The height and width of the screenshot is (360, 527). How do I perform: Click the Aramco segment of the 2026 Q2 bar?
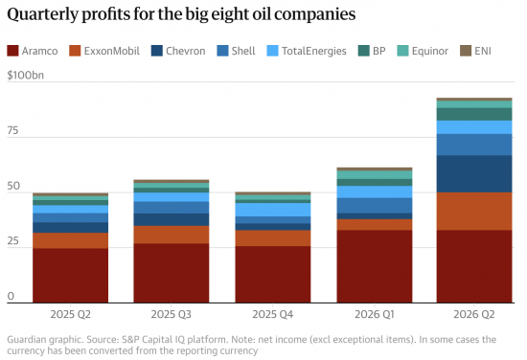474,266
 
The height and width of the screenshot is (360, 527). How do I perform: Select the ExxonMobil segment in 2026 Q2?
474,212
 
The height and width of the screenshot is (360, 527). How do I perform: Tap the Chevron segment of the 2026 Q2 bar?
474,174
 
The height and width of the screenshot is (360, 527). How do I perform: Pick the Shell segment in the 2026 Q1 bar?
375,206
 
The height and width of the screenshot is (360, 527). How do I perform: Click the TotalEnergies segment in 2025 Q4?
273,210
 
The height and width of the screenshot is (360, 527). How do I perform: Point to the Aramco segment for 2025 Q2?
71,276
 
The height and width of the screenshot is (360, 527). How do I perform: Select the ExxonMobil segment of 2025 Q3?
172,235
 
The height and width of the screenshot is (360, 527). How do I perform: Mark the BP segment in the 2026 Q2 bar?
474,114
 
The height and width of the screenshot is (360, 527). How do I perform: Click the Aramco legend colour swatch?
12,51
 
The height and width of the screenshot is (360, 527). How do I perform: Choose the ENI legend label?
483,51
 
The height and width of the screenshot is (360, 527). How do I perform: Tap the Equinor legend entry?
423,51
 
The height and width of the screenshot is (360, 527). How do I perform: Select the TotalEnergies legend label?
314,51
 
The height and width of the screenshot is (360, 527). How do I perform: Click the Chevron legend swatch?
157,51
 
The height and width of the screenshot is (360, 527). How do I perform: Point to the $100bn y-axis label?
26,75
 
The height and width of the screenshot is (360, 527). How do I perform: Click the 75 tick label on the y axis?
12,130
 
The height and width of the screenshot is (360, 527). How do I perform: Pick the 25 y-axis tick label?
12,240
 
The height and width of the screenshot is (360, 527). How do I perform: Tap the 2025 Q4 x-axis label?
273,314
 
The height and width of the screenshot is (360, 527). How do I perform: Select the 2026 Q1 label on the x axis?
375,314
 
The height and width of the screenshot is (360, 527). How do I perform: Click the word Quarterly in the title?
43,15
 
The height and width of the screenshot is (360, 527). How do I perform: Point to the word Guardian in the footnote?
28,340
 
